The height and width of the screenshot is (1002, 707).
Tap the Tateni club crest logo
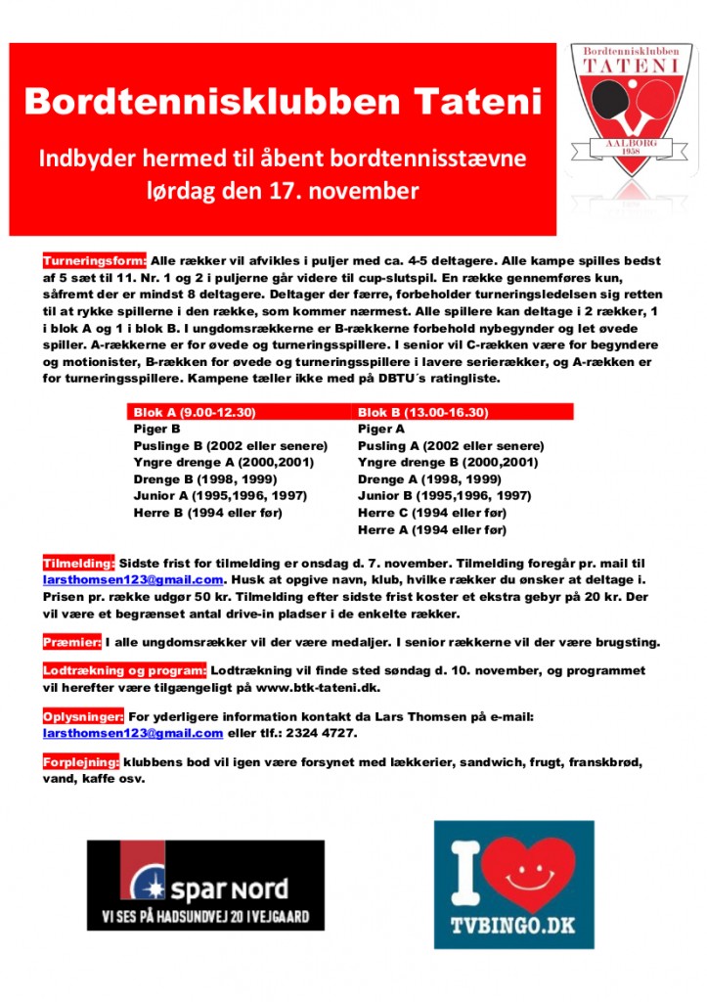point(631,108)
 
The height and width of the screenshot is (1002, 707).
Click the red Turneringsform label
point(95,261)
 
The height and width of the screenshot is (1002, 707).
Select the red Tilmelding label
point(79,564)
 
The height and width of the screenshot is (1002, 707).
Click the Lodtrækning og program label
point(124,670)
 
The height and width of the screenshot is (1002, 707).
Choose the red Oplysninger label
point(83,716)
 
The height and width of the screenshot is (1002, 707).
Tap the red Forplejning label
point(81,762)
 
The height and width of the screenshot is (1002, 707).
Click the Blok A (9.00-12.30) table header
point(196,413)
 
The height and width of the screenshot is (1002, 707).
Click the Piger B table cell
point(156,429)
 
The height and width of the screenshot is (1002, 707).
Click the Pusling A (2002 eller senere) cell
point(451,445)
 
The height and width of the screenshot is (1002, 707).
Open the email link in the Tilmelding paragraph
point(133,579)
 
